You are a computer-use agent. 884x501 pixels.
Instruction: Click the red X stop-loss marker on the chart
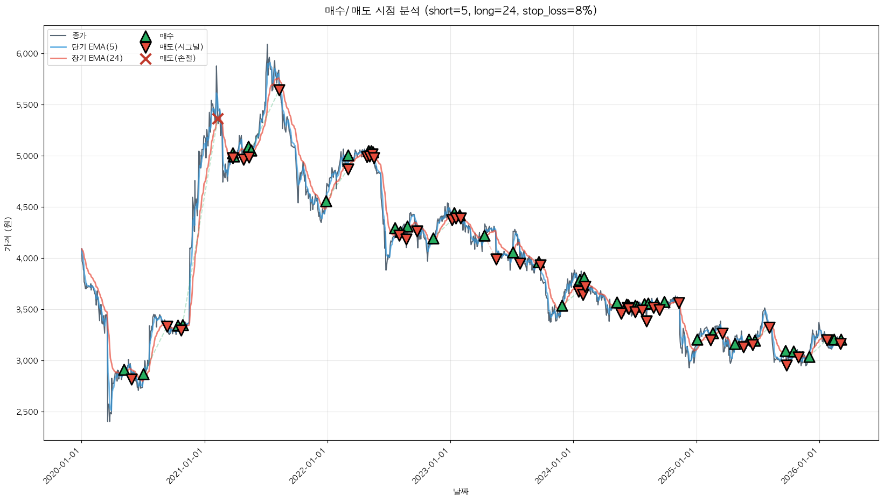pos(218,119)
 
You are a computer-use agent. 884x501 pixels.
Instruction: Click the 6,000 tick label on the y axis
pos(27,54)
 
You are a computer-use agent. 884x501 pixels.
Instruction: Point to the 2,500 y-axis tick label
pos(27,412)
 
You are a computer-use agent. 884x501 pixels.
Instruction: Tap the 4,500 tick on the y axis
pos(27,207)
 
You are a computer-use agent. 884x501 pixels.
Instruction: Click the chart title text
pos(461,11)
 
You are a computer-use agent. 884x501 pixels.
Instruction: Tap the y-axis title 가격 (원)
pos(8,234)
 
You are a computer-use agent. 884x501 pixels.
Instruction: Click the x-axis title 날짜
pos(461,491)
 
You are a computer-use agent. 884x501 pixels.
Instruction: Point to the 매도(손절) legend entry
pos(177,58)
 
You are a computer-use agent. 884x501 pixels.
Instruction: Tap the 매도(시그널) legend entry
pos(181,47)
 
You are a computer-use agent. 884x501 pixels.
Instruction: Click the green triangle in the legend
pos(145,37)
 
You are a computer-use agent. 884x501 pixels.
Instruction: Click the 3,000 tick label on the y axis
pos(27,361)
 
